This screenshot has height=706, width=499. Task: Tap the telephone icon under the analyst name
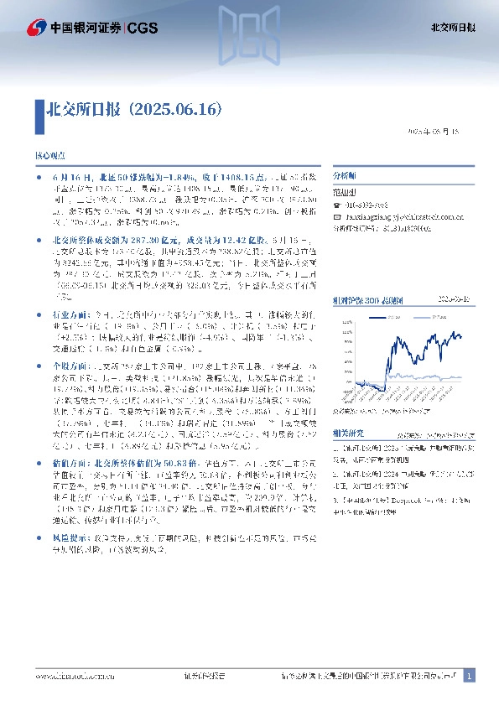337,204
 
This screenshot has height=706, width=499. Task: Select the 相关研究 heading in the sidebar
347,433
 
